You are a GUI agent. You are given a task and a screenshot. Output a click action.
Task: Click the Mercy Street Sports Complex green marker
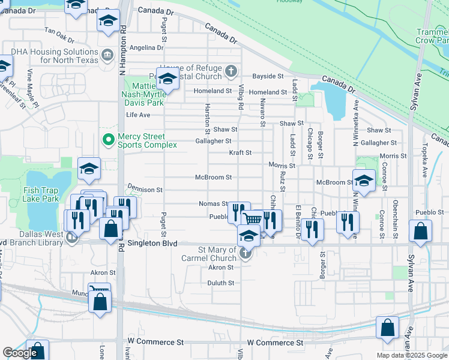pyautogui.click(x=109, y=140)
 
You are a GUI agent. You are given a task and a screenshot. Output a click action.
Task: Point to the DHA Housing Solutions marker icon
pyautogui.click(x=107, y=56)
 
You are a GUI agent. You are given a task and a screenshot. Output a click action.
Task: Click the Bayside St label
pyautogui.click(x=268, y=76)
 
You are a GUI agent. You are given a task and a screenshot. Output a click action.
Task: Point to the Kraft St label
pyautogui.click(x=240, y=153)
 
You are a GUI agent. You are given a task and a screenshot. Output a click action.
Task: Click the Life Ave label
pyautogui.click(x=138, y=115)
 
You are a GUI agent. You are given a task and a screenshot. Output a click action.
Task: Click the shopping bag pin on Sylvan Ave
pyautogui.click(x=420, y=230)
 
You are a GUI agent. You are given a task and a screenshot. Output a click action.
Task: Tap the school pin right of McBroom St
pyautogui.click(x=364, y=179)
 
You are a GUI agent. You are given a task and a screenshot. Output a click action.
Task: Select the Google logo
pyautogui.click(x=20, y=353)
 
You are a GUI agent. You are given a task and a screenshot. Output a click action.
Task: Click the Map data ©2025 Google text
pyautogui.click(x=411, y=355)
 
